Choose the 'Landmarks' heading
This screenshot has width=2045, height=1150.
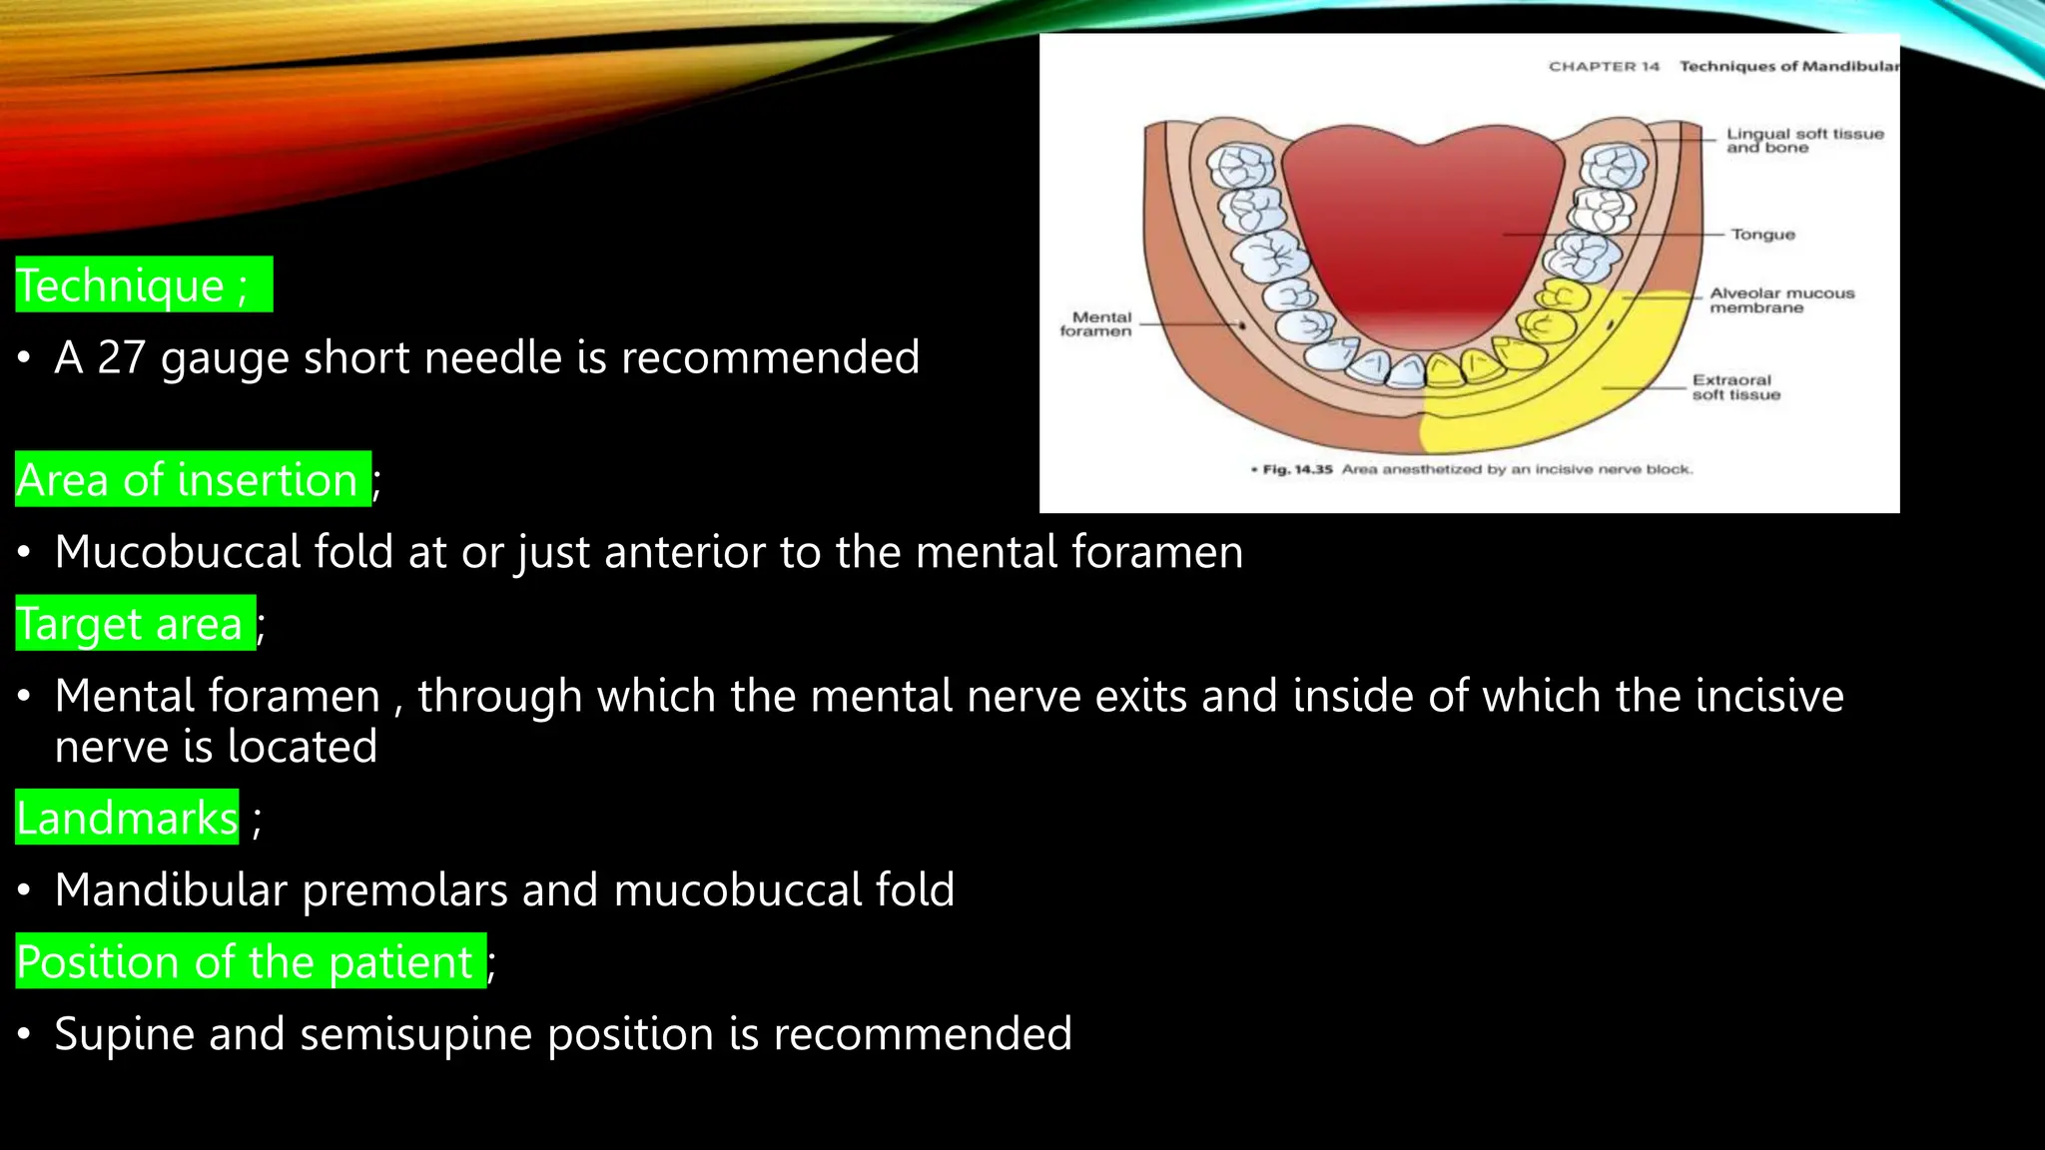pyautogui.click(x=127, y=818)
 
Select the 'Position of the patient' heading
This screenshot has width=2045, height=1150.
pyautogui.click(x=245, y=962)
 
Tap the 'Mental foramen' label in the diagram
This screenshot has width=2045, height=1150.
pyautogui.click(x=1096, y=324)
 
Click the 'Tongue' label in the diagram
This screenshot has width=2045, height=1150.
pyautogui.click(x=1762, y=235)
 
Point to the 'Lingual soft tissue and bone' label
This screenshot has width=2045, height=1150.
pyautogui.click(x=1804, y=141)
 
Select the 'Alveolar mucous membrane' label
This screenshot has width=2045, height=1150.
pyautogui.click(x=1781, y=300)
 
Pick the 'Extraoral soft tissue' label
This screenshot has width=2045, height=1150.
pyautogui.click(x=1735, y=387)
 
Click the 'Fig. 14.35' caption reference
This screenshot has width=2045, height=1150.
pyautogui.click(x=1297, y=469)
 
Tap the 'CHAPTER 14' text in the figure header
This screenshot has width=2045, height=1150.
pyautogui.click(x=1604, y=67)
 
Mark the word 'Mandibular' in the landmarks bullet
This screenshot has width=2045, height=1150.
pyautogui.click(x=171, y=890)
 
